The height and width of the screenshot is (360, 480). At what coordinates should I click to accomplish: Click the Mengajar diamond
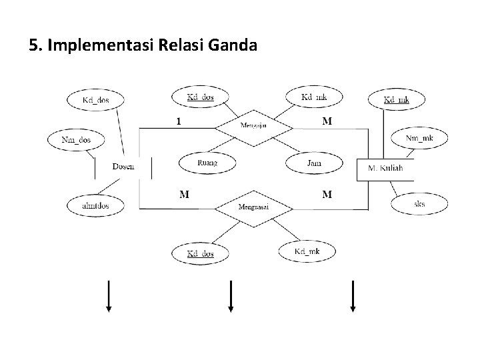(x=253, y=125)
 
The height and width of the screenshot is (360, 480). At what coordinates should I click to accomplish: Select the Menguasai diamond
(x=253, y=207)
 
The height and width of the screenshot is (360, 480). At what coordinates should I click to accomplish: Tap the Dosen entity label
(x=123, y=165)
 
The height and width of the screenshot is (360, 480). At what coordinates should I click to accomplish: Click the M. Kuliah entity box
(x=385, y=169)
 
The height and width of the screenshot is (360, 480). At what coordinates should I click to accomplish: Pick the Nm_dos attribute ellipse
(x=76, y=140)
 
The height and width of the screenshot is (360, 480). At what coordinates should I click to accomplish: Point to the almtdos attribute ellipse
(x=95, y=206)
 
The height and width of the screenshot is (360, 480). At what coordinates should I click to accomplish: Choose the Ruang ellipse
(x=208, y=162)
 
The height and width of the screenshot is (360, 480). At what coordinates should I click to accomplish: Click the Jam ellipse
(x=314, y=163)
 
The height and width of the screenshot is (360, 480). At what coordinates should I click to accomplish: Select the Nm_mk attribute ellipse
(x=419, y=139)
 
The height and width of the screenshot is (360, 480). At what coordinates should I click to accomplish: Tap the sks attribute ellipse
(x=419, y=204)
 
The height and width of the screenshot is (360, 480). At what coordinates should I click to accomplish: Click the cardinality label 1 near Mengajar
(x=178, y=122)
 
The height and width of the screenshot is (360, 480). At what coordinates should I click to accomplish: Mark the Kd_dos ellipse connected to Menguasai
(x=200, y=253)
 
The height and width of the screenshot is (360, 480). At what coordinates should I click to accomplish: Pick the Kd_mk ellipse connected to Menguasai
(x=307, y=251)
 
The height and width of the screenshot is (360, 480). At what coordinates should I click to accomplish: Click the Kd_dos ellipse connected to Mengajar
(x=200, y=97)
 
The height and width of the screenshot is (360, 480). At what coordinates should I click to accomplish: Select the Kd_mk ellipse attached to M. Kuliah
(x=397, y=100)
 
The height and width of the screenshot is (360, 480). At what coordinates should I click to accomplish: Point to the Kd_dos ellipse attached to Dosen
(x=96, y=101)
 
